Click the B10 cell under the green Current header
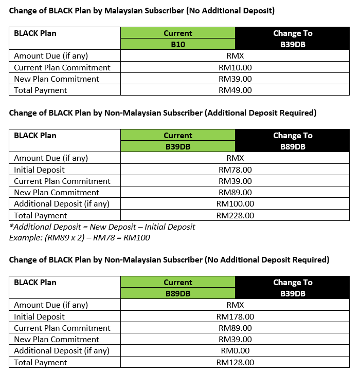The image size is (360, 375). (177, 45)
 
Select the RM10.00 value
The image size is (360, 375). (235, 67)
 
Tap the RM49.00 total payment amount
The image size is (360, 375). (235, 90)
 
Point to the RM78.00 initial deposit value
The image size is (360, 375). (235, 170)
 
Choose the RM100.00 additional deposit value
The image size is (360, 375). (235, 204)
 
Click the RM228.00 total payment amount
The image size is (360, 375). (235, 215)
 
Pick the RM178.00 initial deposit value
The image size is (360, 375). (235, 316)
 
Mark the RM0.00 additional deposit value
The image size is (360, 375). (235, 351)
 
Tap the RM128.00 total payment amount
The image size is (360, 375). (235, 362)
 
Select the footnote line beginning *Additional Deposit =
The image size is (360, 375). (102, 227)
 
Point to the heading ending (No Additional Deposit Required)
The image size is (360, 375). (169, 259)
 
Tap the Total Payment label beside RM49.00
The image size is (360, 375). (41, 90)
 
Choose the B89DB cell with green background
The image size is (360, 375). (177, 294)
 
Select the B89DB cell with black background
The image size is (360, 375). (293, 147)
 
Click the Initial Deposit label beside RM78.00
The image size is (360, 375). (40, 170)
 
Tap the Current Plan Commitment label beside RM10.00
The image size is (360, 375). (62, 67)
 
